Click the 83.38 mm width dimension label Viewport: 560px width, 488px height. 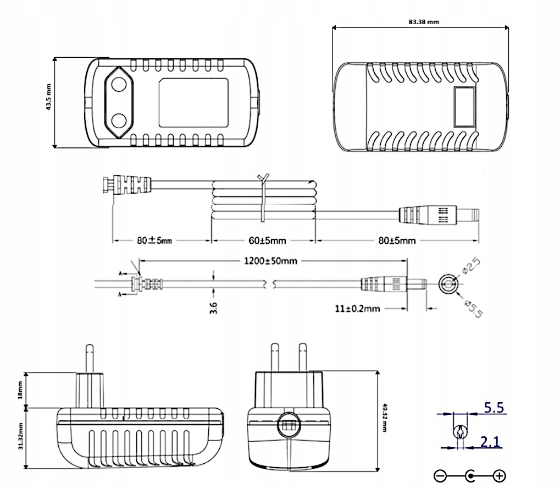point(424,23)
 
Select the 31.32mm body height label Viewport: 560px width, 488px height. point(20,436)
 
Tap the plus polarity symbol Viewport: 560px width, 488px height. point(499,476)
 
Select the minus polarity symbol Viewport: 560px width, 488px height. point(440,476)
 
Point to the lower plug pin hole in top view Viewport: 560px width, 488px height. point(119,119)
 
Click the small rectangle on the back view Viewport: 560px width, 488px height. point(464,106)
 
